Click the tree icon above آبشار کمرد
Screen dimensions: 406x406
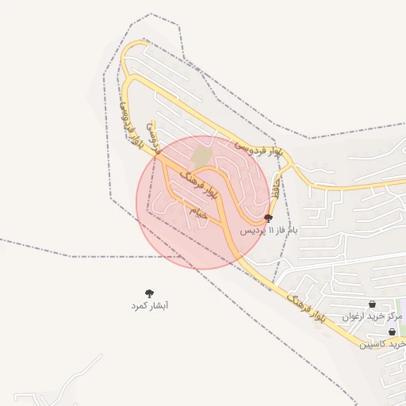click(x=150, y=294)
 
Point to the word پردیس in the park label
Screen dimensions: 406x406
click(x=250, y=230)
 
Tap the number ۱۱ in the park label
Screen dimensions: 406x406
click(x=270, y=230)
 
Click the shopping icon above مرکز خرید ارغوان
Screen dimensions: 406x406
click(x=372, y=304)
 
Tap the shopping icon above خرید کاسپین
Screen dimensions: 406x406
click(x=391, y=332)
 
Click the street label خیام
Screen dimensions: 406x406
click(x=197, y=212)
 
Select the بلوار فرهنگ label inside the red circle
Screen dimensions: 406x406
click(x=200, y=182)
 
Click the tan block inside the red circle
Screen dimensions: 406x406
click(x=202, y=155)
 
